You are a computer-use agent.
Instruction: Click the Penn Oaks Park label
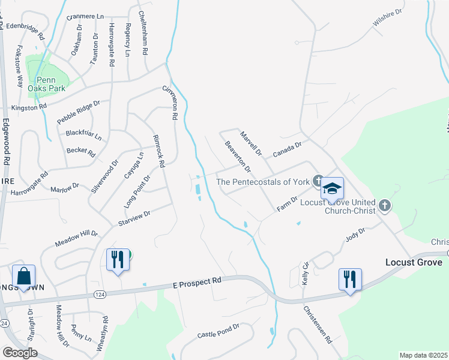(x=46, y=85)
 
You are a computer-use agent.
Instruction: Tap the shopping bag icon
(x=23, y=277)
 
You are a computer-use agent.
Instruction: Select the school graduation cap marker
(x=332, y=189)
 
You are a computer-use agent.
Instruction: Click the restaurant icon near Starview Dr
(x=117, y=260)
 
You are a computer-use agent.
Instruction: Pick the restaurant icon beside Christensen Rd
(x=350, y=280)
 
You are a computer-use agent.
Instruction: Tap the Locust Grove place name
(x=414, y=263)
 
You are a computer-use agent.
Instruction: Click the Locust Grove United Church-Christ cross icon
(x=385, y=206)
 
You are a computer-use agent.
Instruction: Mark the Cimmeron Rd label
(x=171, y=101)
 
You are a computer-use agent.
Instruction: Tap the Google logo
(x=20, y=353)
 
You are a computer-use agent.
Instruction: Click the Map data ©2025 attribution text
(x=423, y=355)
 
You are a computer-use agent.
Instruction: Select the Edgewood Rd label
(x=7, y=141)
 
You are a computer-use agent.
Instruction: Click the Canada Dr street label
(x=287, y=148)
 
